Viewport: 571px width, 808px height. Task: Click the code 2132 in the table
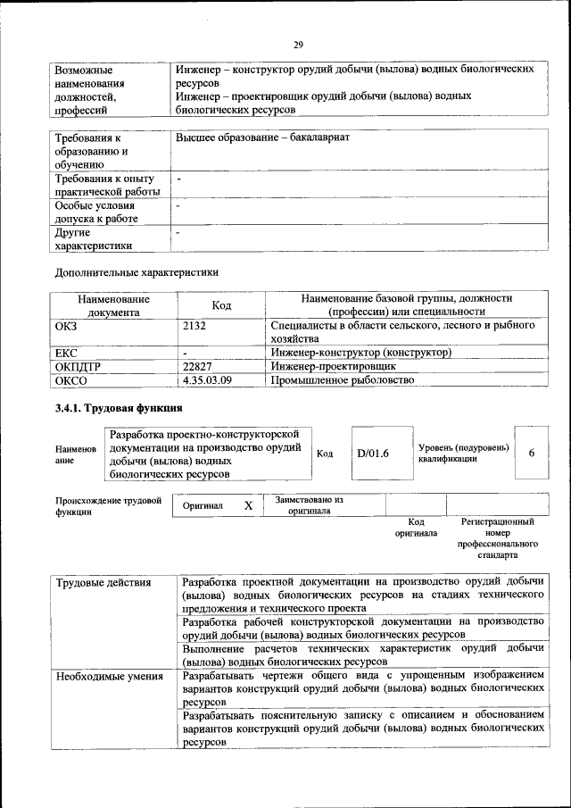click(x=195, y=326)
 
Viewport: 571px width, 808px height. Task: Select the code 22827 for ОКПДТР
click(x=197, y=366)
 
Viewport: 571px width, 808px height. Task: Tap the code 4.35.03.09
click(x=207, y=380)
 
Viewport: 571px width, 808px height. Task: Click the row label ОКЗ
click(x=67, y=326)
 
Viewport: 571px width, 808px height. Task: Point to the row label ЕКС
click(x=67, y=353)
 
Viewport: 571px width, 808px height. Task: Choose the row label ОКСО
click(x=71, y=380)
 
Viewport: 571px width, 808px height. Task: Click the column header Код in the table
click(x=222, y=305)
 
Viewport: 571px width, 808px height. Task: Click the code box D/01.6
click(x=374, y=454)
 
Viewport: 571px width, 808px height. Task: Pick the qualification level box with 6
click(x=532, y=453)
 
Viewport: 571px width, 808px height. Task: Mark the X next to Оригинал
click(x=248, y=505)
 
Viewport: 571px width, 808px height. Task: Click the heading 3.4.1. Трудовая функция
click(x=120, y=410)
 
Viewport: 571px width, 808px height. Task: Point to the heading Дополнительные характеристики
click(x=137, y=271)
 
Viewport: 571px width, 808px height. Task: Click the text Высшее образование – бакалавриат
click(x=262, y=138)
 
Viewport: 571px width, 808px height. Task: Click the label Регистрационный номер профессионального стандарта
click(x=498, y=537)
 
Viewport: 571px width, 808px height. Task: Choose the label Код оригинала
click(x=416, y=527)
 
